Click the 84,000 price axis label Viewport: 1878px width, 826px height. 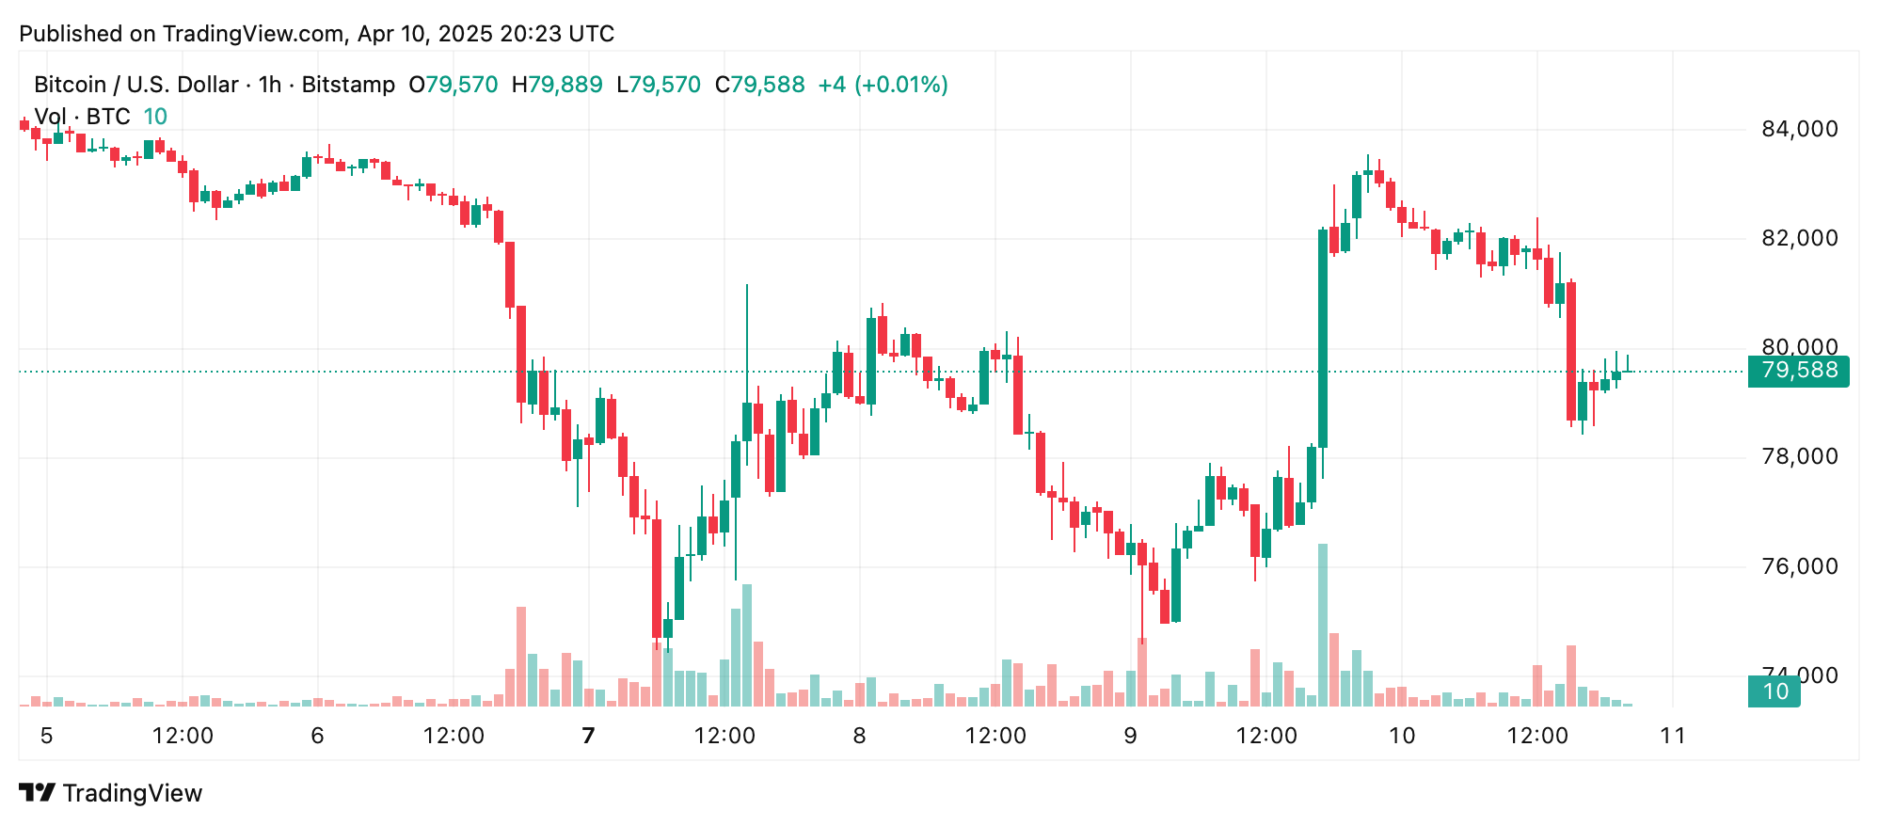coord(1799,129)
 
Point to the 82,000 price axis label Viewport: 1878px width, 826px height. coord(1799,238)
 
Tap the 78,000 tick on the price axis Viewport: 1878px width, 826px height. coord(1799,456)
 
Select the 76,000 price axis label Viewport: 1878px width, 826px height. coord(1799,566)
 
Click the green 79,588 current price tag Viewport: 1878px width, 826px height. coord(1798,371)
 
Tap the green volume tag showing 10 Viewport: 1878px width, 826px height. coord(1774,691)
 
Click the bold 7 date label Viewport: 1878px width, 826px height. coord(589,736)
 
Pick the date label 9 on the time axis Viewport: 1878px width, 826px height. coord(1130,736)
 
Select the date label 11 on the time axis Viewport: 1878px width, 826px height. coord(1672,736)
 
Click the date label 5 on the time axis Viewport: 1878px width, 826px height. coord(47,736)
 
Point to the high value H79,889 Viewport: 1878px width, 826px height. coord(557,85)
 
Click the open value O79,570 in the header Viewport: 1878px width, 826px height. coord(454,85)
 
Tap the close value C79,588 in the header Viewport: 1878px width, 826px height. coord(759,85)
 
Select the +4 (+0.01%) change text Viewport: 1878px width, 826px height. coord(883,85)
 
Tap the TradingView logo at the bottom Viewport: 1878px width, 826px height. coord(111,793)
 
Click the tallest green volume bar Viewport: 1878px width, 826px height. coord(1323,625)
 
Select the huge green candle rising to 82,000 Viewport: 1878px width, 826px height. coord(1323,339)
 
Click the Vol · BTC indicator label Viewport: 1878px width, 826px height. coord(82,117)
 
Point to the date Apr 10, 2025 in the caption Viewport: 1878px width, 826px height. coord(425,34)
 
